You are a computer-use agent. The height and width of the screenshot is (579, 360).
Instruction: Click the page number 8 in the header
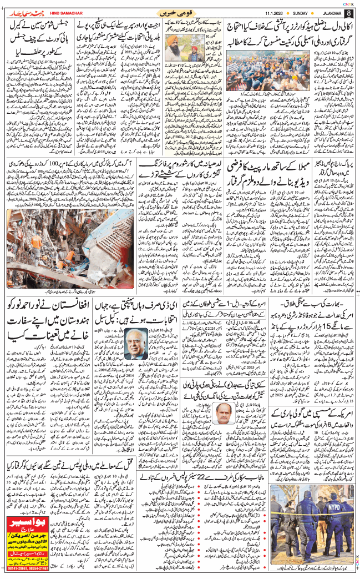(348, 12)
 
